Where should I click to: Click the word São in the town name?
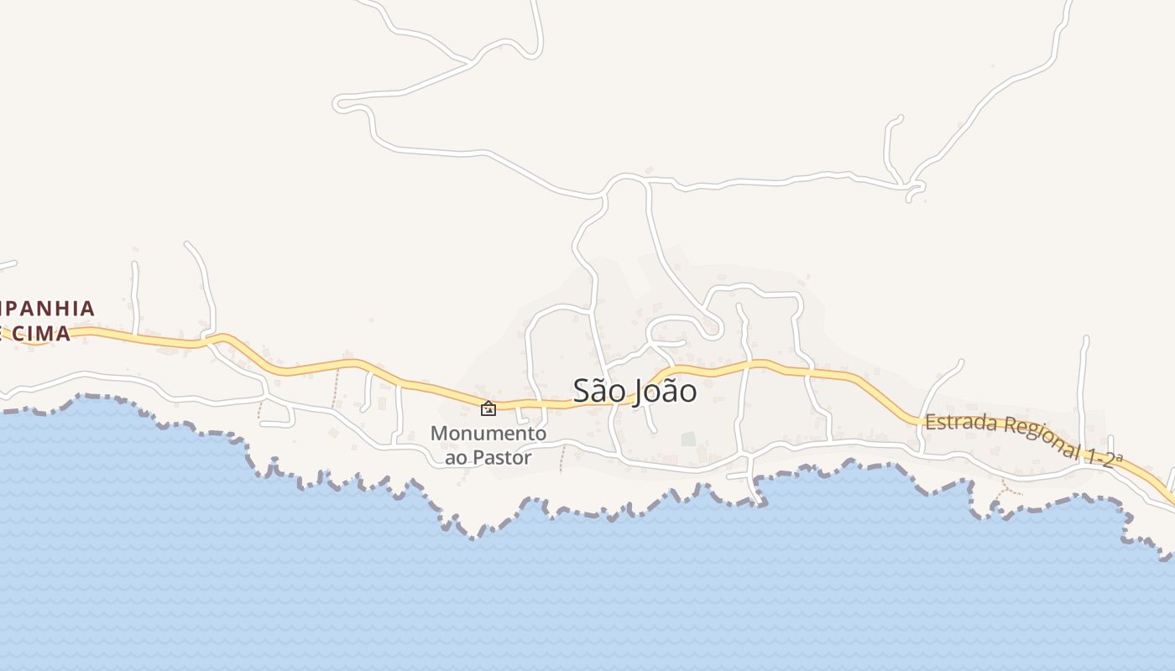tap(599, 391)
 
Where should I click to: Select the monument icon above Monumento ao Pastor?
tap(488, 408)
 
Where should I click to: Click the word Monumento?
tap(488, 434)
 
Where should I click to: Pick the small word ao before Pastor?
tap(456, 458)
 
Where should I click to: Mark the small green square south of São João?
tap(688, 439)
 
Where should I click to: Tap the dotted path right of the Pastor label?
tap(562, 458)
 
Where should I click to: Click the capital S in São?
tap(582, 391)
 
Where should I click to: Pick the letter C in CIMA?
tap(18, 334)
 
